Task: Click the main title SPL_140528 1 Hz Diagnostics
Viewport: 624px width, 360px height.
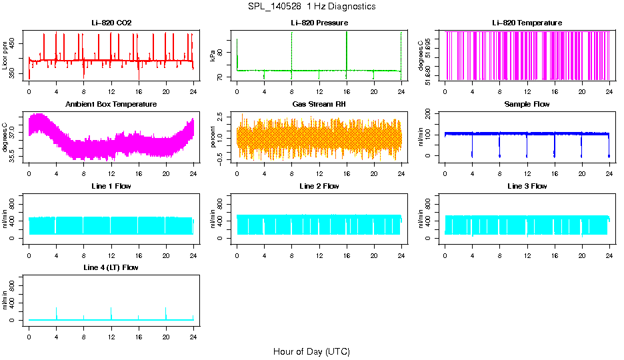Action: click(x=311, y=6)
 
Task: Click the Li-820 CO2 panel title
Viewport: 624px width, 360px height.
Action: click(x=111, y=23)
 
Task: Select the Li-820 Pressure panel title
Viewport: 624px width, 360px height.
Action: click(x=319, y=23)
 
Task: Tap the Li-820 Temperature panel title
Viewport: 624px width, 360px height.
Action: click(x=527, y=23)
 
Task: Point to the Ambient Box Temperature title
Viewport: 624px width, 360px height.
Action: click(x=111, y=104)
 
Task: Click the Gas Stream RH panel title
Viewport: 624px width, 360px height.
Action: click(x=319, y=104)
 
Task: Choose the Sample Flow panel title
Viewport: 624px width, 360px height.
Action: click(x=527, y=104)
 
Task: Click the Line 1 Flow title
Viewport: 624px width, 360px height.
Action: click(x=111, y=186)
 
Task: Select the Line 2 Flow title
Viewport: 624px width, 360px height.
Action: click(x=319, y=186)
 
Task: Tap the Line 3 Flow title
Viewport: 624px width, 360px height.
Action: click(x=527, y=186)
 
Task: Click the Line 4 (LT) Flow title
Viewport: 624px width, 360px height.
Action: click(x=111, y=267)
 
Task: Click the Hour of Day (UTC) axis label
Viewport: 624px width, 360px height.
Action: click(x=311, y=351)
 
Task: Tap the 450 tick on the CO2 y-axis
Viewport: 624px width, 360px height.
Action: click(x=16, y=43)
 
